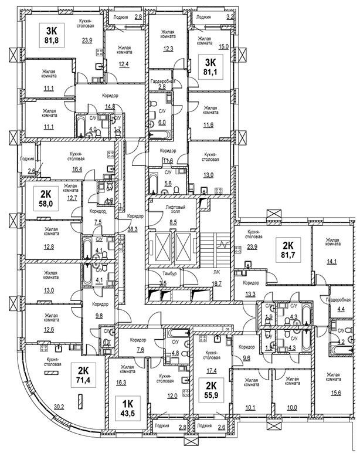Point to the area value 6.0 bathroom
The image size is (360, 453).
click(x=162, y=123)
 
